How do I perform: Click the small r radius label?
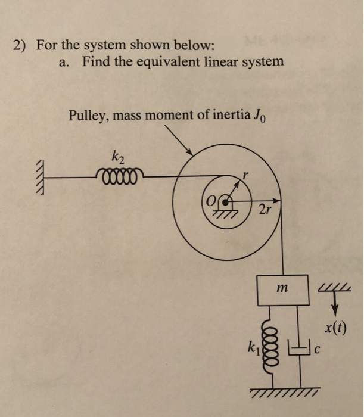[x=244, y=177]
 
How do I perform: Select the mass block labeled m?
[x=282, y=289]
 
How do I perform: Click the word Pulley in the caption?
[x=86, y=114]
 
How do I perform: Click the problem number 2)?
[x=22, y=46]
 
